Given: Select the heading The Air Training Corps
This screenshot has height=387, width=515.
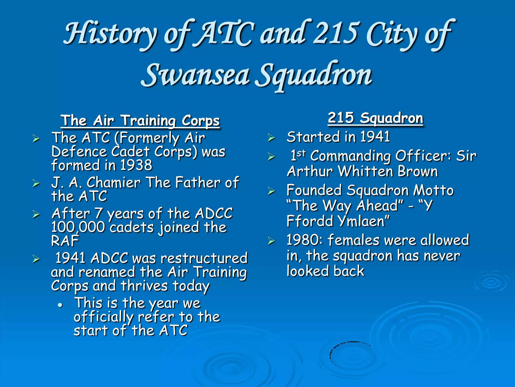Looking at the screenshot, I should [x=140, y=120].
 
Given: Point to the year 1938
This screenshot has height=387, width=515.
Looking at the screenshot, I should [x=136, y=165].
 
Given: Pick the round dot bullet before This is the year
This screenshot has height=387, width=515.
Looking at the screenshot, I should [x=60, y=305].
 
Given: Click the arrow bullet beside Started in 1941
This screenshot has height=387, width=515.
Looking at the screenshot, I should [x=271, y=138].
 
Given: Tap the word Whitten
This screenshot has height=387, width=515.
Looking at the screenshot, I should [x=366, y=171].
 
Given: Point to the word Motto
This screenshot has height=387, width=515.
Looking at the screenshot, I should [x=434, y=190].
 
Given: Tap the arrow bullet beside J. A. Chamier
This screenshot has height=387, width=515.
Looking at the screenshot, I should [x=36, y=183].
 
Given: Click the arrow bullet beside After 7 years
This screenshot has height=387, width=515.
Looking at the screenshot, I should [x=36, y=214].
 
